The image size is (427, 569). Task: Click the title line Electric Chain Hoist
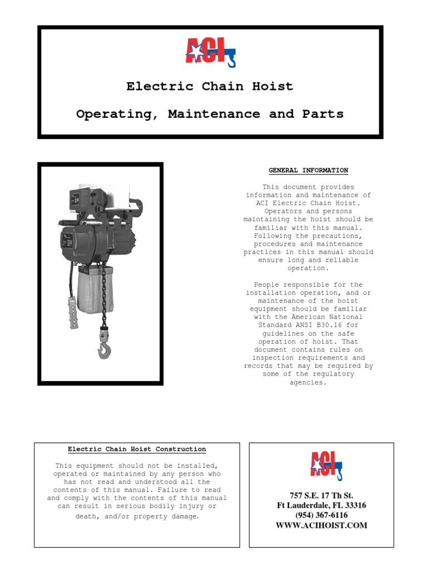(210, 86)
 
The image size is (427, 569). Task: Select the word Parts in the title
(323, 114)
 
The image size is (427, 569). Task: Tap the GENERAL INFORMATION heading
(308, 171)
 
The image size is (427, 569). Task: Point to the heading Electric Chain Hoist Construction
(137, 449)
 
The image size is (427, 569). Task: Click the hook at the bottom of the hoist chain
(104, 349)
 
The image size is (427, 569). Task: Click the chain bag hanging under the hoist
(96, 290)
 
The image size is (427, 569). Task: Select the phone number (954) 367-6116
(321, 515)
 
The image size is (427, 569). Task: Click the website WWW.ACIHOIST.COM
(321, 525)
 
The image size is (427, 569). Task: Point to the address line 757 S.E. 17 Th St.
(321, 495)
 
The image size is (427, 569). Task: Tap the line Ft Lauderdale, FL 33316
(321, 505)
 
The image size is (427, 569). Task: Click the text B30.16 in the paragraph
(332, 326)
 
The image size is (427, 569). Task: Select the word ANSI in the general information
(304, 326)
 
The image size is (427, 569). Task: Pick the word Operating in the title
(115, 114)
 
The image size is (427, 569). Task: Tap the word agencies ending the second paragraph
(308, 382)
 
